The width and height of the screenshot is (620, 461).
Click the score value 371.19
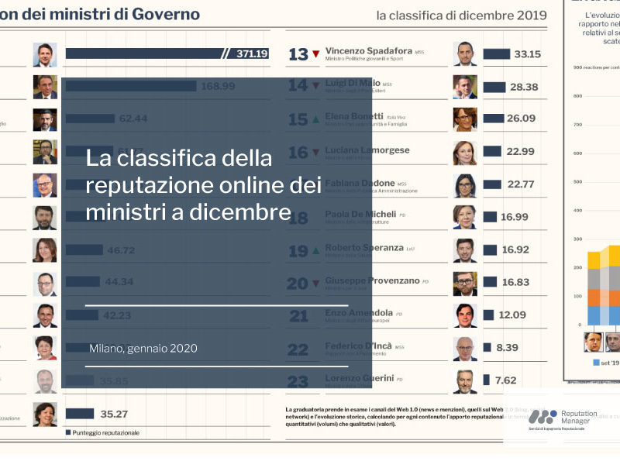[252, 53]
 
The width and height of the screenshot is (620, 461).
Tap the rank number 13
[298, 54]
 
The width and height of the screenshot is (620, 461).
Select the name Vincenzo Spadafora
[368, 50]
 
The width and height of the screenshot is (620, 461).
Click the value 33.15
[527, 53]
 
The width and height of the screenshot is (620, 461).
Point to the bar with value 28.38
[494, 87]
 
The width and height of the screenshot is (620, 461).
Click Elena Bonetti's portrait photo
[465, 119]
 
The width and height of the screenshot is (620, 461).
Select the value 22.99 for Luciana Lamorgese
[527, 151]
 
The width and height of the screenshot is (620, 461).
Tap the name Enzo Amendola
[359, 312]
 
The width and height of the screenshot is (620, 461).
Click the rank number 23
[298, 381]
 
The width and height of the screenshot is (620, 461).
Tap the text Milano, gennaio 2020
[143, 349]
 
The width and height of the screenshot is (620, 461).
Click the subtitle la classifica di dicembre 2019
[461, 15]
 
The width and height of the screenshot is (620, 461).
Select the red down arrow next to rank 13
[315, 55]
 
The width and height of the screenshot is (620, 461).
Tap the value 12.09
[512, 315]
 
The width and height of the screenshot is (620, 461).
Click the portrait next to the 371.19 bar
[45, 54]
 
